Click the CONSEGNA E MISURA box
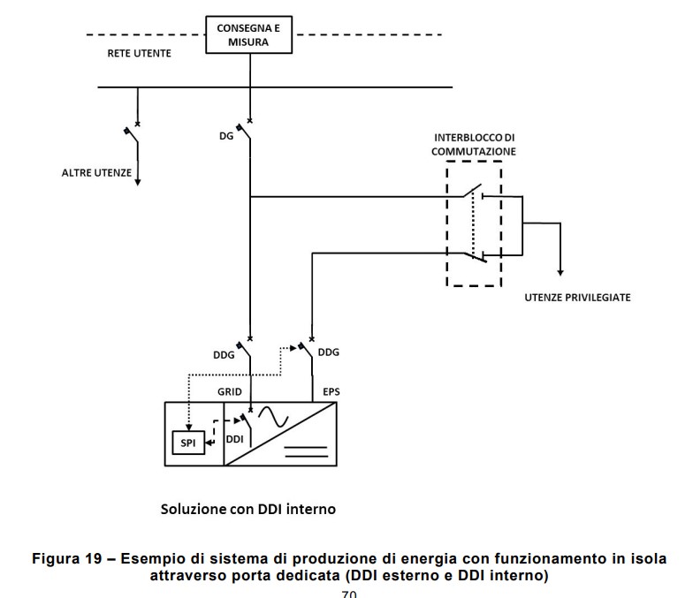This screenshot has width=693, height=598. pyautogui.click(x=250, y=34)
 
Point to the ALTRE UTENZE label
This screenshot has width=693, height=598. pyautogui.click(x=96, y=172)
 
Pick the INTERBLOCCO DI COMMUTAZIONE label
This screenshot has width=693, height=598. pyautogui.click(x=474, y=146)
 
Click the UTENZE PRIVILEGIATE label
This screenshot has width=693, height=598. pyautogui.click(x=577, y=298)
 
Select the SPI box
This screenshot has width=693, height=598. pyautogui.click(x=187, y=441)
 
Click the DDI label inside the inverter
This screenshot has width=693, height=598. pyautogui.click(x=234, y=438)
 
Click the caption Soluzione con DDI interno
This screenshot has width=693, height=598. pyautogui.click(x=247, y=510)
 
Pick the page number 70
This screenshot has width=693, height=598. pyautogui.click(x=349, y=593)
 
